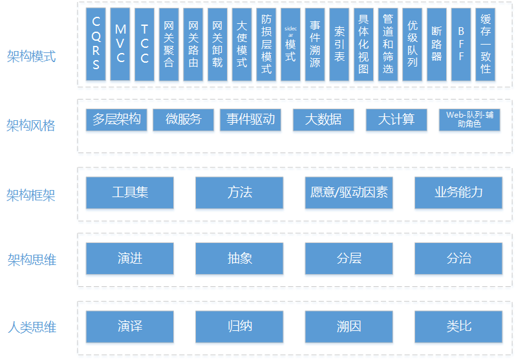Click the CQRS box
tap(96, 44)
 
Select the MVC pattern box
tap(120, 44)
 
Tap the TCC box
tap(145, 44)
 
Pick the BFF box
tap(461, 44)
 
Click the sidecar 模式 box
tap(290, 44)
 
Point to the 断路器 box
tap(436, 44)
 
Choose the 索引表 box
tap(339, 44)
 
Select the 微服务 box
tap(184, 120)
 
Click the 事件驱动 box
tap(250, 120)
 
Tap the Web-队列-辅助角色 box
tap(469, 120)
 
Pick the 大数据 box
tap(323, 120)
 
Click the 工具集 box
tap(130, 193)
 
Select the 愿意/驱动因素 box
tap(349, 193)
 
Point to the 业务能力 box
tap(458, 193)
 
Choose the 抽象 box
tap(239, 259)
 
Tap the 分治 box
tap(458, 259)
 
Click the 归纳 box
tap(239, 326)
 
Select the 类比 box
tap(458, 326)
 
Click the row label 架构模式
tap(31, 56)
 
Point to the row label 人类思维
tap(31, 327)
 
